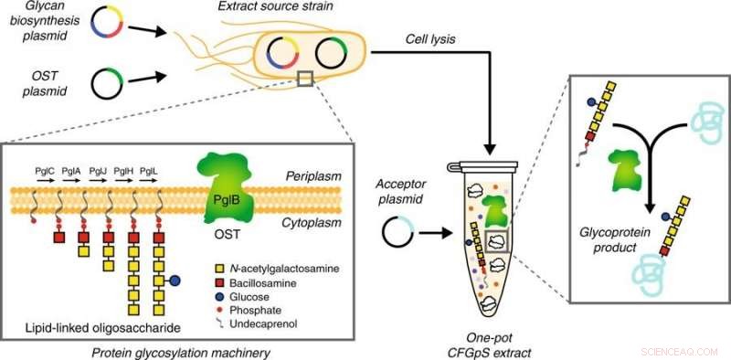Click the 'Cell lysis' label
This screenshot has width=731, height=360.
431,39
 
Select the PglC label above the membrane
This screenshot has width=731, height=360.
41,170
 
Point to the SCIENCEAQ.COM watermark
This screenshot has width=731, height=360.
688,349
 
